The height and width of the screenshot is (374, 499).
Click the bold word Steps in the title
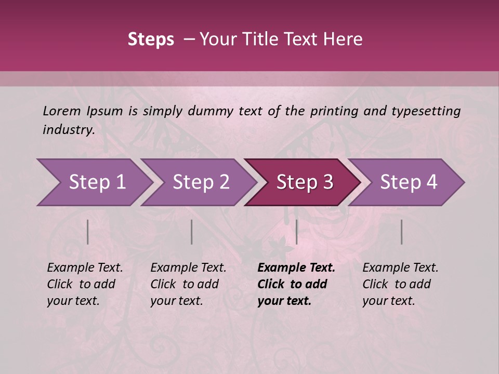click(151, 39)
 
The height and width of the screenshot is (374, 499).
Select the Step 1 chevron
click(94, 182)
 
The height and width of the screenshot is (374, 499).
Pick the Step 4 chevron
click(408, 182)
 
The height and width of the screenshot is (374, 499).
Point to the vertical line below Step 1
click(87, 232)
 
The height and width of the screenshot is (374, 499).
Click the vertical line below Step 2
click(191, 232)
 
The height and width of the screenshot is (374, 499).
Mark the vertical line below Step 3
click(296, 232)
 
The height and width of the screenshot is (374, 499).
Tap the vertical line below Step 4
click(401, 232)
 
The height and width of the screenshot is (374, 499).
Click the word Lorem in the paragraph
click(61, 111)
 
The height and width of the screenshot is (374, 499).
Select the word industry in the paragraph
click(68, 130)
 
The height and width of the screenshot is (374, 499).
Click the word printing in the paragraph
click(333, 111)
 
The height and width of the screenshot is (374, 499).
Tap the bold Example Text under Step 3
click(296, 268)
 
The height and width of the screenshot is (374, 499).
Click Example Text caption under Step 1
click(85, 268)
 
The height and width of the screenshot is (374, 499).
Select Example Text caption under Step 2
click(188, 268)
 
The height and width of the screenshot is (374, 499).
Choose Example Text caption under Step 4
click(400, 268)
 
